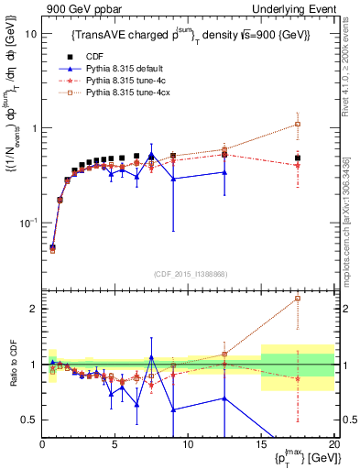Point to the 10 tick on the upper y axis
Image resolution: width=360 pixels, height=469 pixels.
[29, 33]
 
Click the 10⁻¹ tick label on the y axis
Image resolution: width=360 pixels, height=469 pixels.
[27, 223]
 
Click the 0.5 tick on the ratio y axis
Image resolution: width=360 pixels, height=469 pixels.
[29, 420]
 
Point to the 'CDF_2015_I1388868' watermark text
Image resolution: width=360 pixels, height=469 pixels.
[189, 275]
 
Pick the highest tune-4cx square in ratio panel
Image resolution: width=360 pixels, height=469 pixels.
[298, 299]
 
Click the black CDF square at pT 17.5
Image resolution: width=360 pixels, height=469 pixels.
[298, 158]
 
